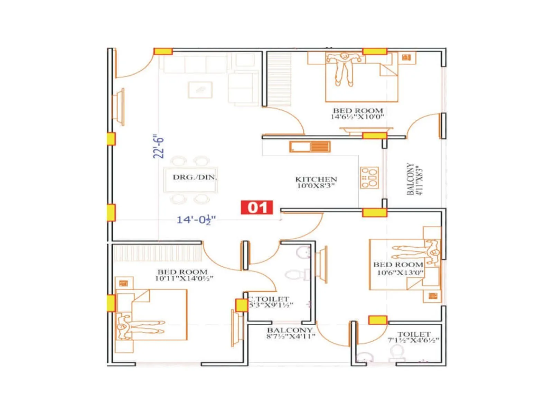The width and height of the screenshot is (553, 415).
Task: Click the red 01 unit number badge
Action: (x=257, y=207)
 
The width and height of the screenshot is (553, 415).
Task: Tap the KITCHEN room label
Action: (x=316, y=179)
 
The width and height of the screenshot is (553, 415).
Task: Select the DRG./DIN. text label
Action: (x=195, y=177)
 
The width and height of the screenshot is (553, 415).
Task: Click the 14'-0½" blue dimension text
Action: (x=196, y=220)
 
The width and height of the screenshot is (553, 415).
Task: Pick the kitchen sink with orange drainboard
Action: (x=310, y=147)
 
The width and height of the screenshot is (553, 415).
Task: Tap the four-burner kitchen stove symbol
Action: (x=369, y=178)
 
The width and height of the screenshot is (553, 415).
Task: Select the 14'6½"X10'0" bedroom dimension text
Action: (x=357, y=117)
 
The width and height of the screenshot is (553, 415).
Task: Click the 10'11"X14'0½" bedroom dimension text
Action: (x=184, y=278)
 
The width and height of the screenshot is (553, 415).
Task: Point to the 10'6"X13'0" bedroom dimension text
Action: (x=400, y=273)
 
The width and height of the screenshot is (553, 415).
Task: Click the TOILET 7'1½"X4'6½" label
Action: (x=413, y=337)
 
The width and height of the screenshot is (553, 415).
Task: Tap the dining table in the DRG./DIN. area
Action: (x=191, y=180)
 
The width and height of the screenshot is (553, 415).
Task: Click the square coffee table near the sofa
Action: (x=200, y=90)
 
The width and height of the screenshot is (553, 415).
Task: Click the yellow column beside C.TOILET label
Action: (x=241, y=305)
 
